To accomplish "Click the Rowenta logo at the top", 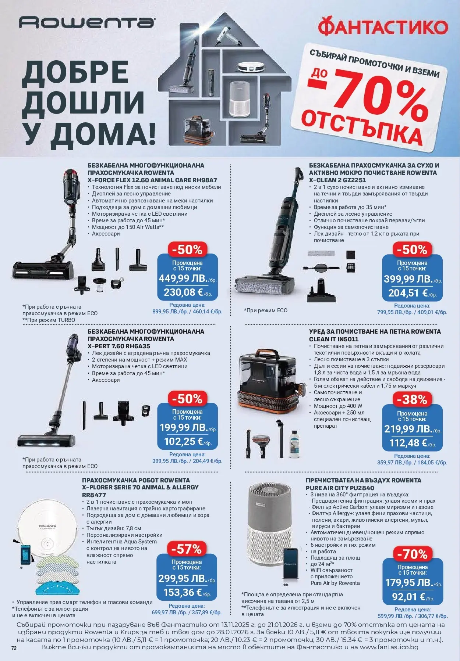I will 87,23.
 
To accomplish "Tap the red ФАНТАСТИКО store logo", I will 383,27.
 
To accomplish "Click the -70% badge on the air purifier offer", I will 412,553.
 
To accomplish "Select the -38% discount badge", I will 412,399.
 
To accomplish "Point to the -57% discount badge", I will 187,549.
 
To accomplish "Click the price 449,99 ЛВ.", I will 183,278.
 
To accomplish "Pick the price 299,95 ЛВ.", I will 183,578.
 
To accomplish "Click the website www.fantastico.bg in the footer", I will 389,647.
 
